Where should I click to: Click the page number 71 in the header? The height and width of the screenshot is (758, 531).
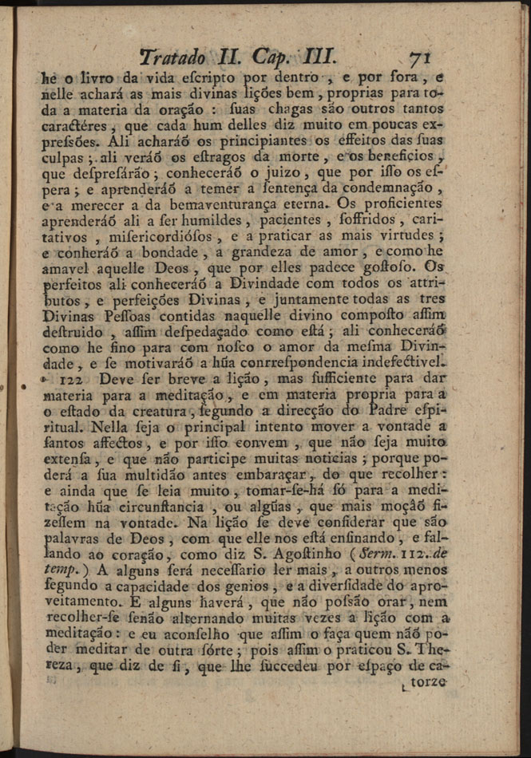point(420,58)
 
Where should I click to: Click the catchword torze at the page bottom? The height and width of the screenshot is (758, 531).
point(427,684)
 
